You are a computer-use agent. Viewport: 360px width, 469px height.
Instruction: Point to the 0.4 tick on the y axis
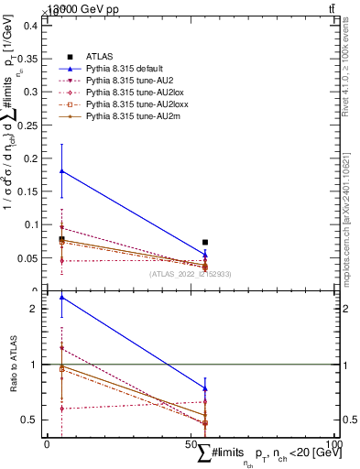(x=29, y=26)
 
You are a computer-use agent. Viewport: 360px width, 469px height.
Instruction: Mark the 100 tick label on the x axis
(x=334, y=443)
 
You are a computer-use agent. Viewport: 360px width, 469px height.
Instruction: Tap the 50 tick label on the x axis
(x=191, y=443)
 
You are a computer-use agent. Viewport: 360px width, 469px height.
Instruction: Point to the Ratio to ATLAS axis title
(x=12, y=365)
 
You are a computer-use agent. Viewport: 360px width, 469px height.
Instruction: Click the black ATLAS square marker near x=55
(x=205, y=243)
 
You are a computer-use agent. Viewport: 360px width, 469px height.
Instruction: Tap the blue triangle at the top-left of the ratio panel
(x=61, y=298)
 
